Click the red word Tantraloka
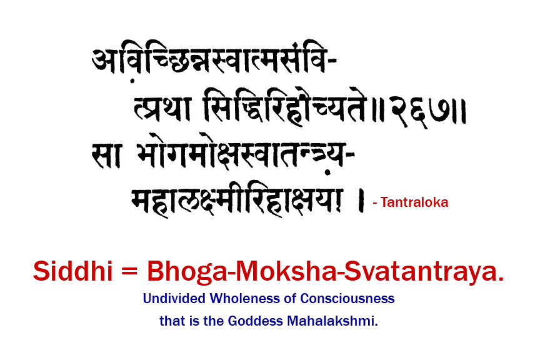point(413,202)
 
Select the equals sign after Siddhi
point(129,273)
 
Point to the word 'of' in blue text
point(291,299)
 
